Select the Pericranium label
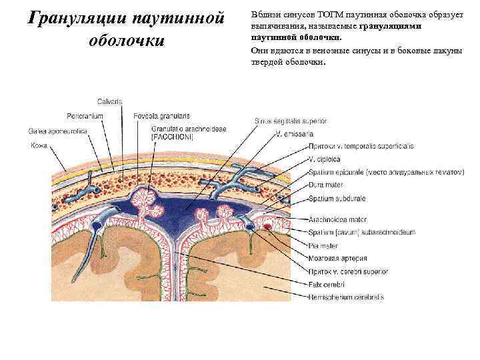tap(85, 115)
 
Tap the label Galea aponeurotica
tap(58, 130)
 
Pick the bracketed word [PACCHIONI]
tap(172, 137)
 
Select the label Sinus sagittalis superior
tap(290, 121)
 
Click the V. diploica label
tap(325, 159)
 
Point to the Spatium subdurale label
tap(336, 198)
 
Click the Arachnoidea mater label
tap(339, 219)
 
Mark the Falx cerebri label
tap(327, 284)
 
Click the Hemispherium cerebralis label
tap(346, 297)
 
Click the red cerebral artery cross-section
tap(268, 228)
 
